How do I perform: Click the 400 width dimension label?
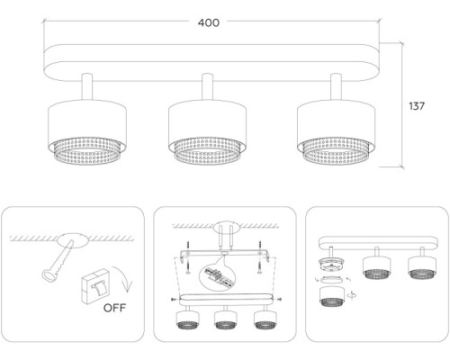pyautogui.click(x=209, y=22)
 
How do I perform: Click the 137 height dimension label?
pyautogui.click(x=417, y=106)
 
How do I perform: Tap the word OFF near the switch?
pyautogui.click(x=114, y=308)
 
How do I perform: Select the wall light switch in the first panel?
pyautogui.click(x=95, y=287)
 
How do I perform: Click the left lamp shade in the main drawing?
pyautogui.click(x=87, y=132)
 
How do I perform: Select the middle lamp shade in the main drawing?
pyautogui.click(x=207, y=132)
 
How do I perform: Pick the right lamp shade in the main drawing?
pyautogui.click(x=336, y=132)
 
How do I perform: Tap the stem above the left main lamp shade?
pyautogui.click(x=87, y=86)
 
